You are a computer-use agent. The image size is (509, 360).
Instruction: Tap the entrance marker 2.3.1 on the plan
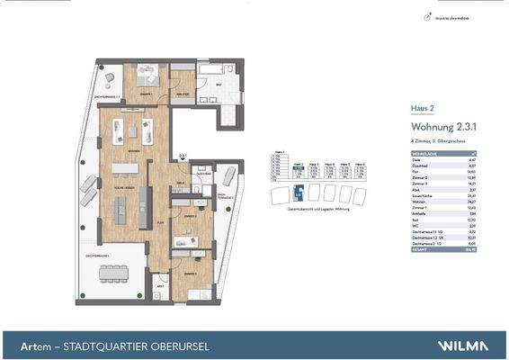click(183, 156)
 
